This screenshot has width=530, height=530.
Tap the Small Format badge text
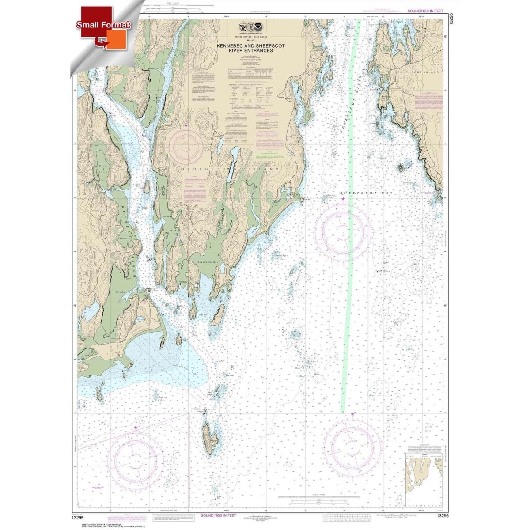pyautogui.click(x=103, y=25)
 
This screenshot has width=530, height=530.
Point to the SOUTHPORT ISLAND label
pyautogui.click(x=418, y=72)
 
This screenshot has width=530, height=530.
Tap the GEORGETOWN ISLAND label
pyautogui.click(x=230, y=169)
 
